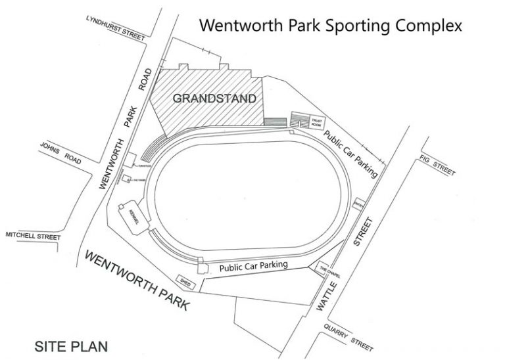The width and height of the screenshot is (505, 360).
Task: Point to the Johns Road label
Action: point(60,154)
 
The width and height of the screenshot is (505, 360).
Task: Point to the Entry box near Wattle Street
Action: point(359,204)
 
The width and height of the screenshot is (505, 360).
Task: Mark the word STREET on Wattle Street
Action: point(366,233)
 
